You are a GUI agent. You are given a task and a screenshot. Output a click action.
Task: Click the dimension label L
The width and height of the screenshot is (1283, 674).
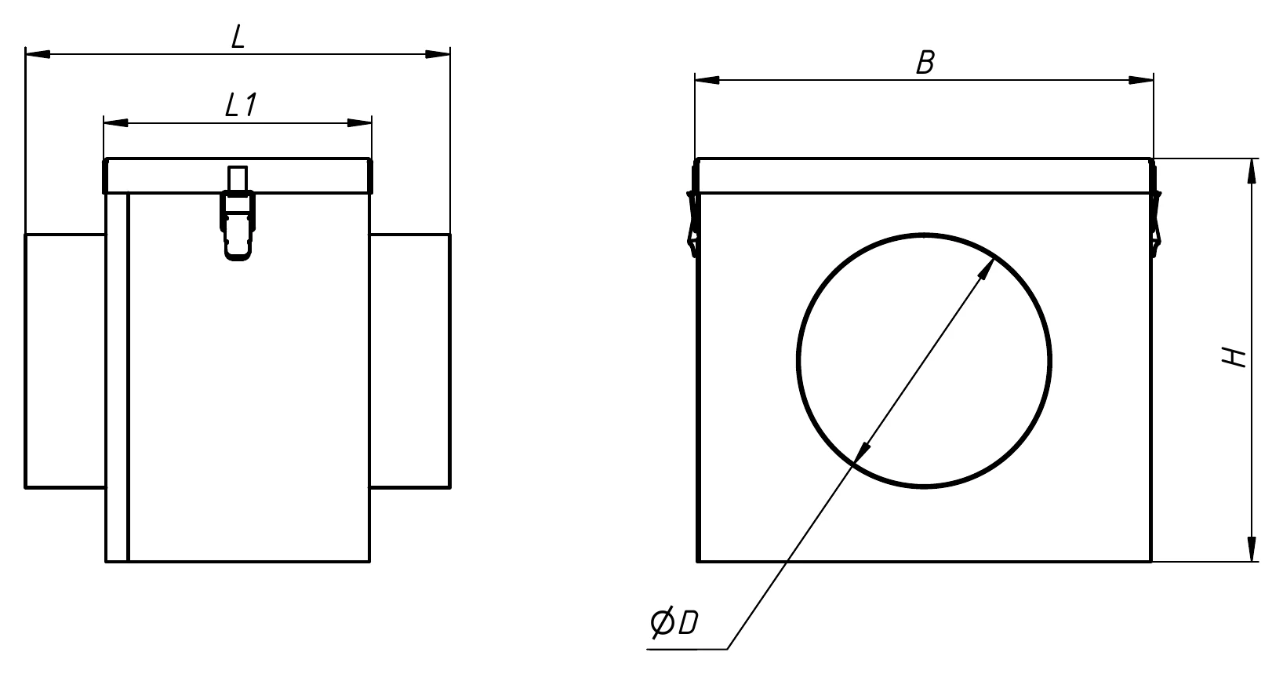[x=238, y=37]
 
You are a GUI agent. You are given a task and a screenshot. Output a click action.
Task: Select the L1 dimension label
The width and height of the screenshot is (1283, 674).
[x=241, y=105]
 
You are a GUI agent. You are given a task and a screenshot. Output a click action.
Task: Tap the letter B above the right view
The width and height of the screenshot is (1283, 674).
[x=925, y=63]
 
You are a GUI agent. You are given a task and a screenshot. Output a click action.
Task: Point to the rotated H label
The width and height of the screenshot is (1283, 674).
[x=1234, y=357]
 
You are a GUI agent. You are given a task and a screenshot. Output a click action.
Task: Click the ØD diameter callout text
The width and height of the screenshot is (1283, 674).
[x=674, y=624]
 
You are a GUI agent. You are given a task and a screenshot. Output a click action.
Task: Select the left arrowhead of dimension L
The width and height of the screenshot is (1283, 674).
[x=38, y=54]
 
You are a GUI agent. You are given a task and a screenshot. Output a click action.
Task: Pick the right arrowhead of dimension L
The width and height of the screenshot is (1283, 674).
[x=438, y=54]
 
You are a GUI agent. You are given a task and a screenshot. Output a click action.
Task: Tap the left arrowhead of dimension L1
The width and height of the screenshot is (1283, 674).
[x=116, y=122]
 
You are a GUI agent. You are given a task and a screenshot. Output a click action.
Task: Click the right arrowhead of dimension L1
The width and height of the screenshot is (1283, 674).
[x=360, y=122]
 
